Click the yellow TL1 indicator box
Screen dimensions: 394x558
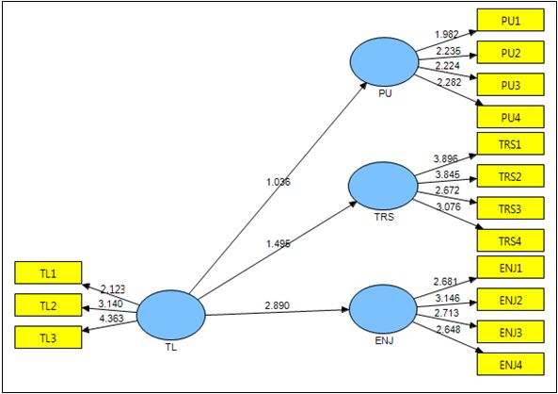pyautogui.click(x=48, y=273)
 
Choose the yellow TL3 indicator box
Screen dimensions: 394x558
pyautogui.click(x=48, y=337)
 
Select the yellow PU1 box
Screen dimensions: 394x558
pyautogui.click(x=509, y=20)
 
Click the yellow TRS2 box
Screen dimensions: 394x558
pyautogui.click(x=509, y=175)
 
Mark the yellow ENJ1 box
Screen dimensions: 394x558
pyautogui.click(x=509, y=268)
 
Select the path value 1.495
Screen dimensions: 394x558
pyautogui.click(x=279, y=243)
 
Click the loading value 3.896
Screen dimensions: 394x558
pyautogui.click(x=447, y=160)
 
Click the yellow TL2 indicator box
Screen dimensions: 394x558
pyautogui.click(x=48, y=305)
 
